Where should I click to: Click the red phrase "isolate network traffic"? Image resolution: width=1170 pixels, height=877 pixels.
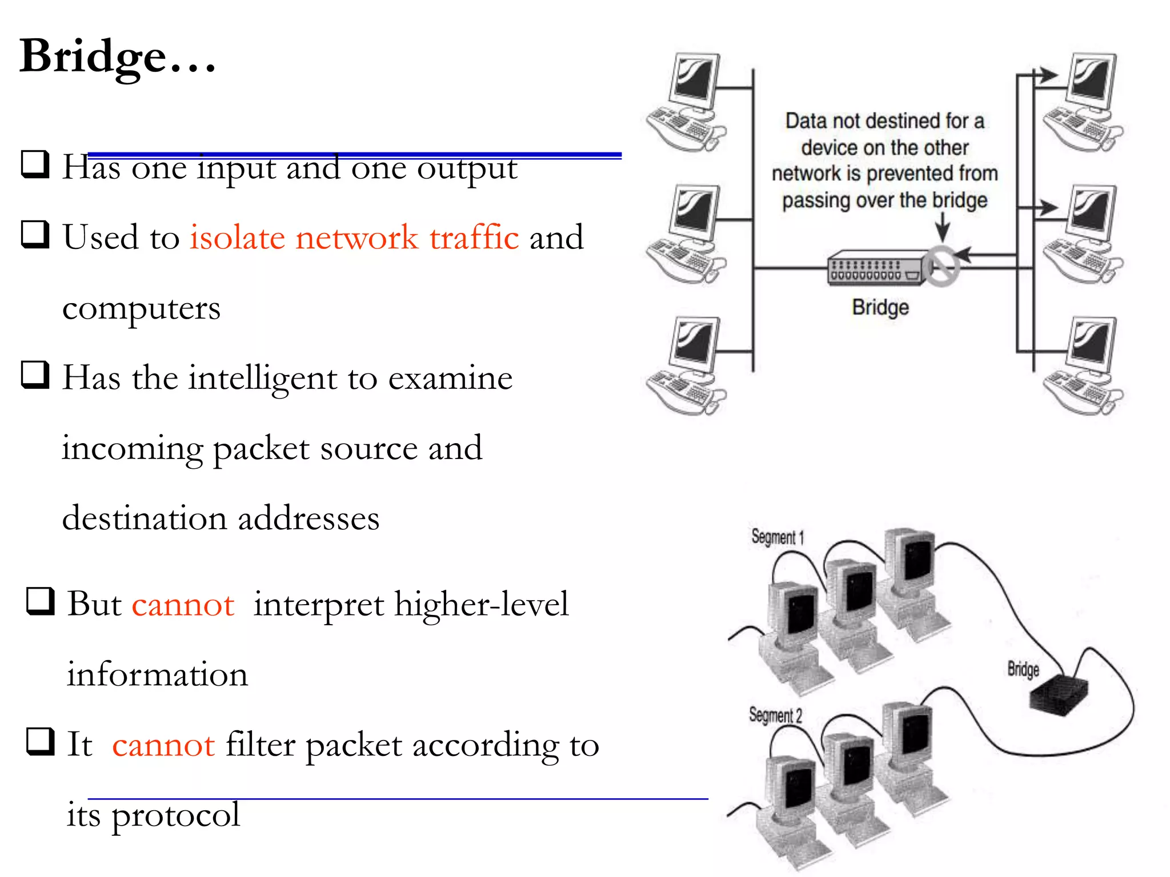tap(354, 238)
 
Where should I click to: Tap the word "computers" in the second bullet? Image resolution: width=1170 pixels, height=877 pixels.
tap(141, 309)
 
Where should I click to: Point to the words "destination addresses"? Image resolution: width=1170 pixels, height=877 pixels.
tap(221, 518)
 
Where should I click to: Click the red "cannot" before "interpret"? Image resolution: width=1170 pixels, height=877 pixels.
tap(183, 605)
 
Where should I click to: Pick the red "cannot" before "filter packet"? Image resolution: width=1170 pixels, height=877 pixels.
tap(163, 745)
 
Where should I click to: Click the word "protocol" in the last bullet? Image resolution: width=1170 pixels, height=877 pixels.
tap(175, 815)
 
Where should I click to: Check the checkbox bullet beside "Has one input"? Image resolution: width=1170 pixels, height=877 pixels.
tap(35, 164)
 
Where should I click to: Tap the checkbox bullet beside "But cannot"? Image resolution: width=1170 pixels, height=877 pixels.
tap(41, 602)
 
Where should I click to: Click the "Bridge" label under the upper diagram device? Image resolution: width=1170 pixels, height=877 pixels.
tap(880, 307)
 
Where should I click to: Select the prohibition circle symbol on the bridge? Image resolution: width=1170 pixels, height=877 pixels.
tap(941, 266)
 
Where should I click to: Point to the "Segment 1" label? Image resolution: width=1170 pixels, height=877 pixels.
tap(778, 537)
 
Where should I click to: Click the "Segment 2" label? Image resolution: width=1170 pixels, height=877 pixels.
tap(775, 715)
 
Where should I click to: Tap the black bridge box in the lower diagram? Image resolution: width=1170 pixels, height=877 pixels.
tap(1058, 694)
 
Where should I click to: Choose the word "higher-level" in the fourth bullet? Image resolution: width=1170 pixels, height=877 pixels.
tap(481, 605)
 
